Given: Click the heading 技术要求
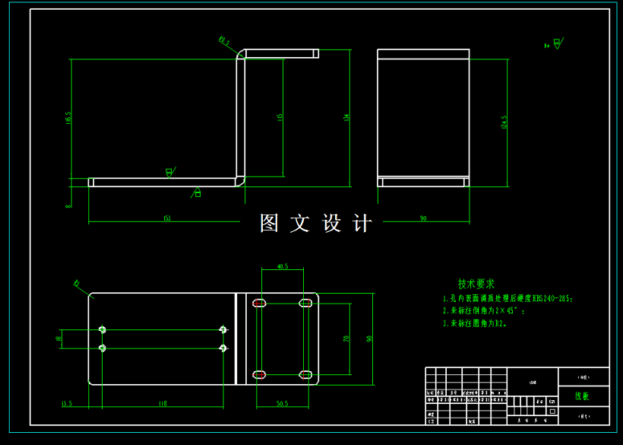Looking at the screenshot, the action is tap(476, 284).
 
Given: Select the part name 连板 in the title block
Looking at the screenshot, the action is tap(582, 396).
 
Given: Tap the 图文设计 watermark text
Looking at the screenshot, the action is tap(316, 223).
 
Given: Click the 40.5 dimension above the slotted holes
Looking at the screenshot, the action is tap(282, 267).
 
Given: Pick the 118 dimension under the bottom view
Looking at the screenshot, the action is tap(162, 403).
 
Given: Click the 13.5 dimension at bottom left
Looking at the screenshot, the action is tap(66, 403).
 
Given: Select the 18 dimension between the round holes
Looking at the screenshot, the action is tap(59, 339).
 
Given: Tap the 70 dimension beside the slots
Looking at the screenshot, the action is tap(346, 339).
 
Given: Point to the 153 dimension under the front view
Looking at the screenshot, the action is tap(166, 219).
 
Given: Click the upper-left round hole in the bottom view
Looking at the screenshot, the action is tap(103, 329).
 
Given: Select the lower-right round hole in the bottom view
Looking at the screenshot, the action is tap(223, 348).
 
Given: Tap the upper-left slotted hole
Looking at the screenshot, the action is tap(260, 304).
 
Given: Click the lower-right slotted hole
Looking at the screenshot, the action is tap(305, 373).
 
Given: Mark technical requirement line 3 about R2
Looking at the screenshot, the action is tap(474, 323).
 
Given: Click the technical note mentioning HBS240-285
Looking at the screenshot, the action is tap(507, 299).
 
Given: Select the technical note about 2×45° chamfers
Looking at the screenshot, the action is tap(483, 311).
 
